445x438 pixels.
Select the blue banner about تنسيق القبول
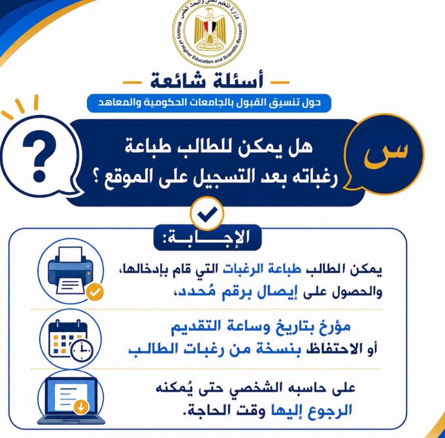click(x=209, y=103)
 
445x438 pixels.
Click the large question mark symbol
click(x=39, y=156)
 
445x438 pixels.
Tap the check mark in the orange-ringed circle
click(x=207, y=214)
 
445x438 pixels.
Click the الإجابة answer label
click(x=207, y=237)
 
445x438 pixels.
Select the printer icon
click(x=70, y=270)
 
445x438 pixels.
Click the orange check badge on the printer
click(x=95, y=292)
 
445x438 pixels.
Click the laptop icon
click(x=71, y=401)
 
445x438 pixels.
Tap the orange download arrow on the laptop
click(x=81, y=407)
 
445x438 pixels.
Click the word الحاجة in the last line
click(x=203, y=411)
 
